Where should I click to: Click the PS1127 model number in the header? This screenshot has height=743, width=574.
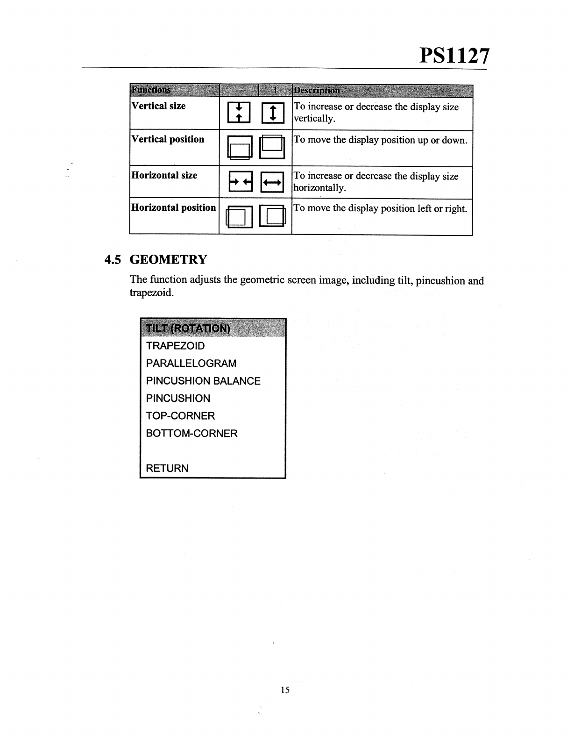tap(454, 56)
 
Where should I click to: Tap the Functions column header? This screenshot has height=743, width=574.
tap(151, 90)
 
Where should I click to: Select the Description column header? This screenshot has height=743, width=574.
tap(317, 90)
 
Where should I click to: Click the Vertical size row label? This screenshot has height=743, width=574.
tap(158, 106)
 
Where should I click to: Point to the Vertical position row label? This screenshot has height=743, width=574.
tap(168, 139)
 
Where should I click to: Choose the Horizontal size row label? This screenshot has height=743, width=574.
tap(164, 175)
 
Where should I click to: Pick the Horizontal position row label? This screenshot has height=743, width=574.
tap(173, 207)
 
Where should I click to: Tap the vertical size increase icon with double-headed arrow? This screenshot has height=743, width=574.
tap(272, 113)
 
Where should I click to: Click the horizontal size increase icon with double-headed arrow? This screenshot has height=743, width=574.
tap(272, 182)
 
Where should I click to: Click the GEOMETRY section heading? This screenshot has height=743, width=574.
tap(168, 259)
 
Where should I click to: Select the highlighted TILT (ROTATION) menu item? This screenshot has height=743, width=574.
tap(188, 328)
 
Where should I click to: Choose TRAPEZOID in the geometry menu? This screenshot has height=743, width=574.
tap(175, 346)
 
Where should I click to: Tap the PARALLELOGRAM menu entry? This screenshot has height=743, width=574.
tap(191, 363)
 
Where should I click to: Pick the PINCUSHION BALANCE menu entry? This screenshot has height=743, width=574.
tap(203, 381)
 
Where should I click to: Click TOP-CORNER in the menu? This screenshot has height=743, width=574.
tap(180, 416)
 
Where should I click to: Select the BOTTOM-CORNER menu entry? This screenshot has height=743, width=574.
tap(191, 433)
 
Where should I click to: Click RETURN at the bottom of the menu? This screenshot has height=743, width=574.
tap(167, 468)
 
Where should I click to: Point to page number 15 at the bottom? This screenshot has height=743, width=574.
tap(285, 690)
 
